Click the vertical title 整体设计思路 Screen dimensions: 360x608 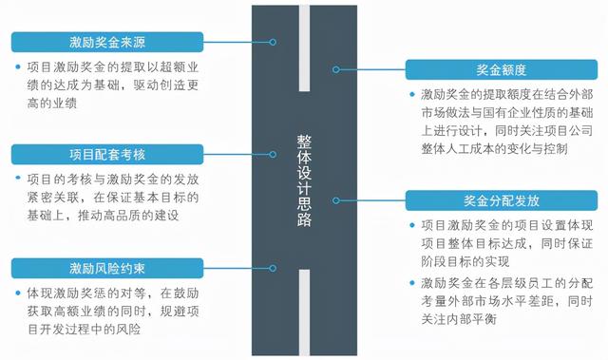point(305,180)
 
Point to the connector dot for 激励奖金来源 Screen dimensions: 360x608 point(274,43)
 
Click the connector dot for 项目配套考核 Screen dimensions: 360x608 point(274,154)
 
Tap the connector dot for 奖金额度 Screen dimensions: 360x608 point(336,70)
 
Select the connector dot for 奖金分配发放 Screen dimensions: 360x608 point(336,200)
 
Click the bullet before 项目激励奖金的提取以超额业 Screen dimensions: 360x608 point(19,67)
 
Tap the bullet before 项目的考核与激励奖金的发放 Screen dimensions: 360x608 point(19,179)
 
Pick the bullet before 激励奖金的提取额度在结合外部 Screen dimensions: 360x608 point(411,95)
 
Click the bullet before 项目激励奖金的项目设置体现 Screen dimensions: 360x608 point(411,225)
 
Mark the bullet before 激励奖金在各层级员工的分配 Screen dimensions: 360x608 point(411,283)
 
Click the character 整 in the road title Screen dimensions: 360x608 point(305,142)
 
